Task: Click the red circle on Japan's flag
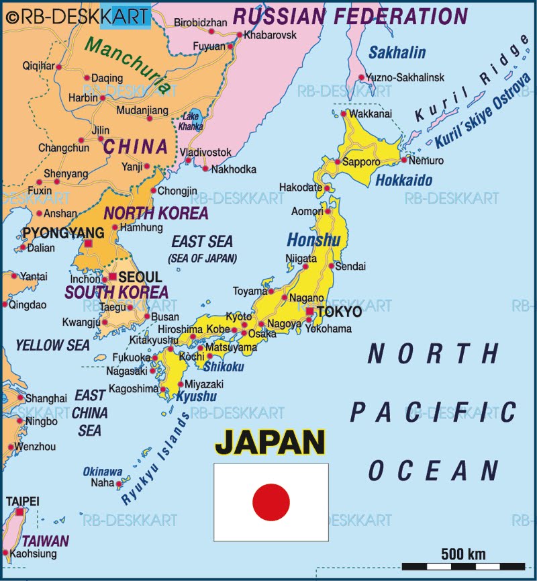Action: click(x=271, y=502)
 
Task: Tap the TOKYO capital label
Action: click(x=338, y=312)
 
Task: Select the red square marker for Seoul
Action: click(x=113, y=277)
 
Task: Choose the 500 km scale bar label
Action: click(x=463, y=554)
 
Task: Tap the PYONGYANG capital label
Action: click(x=54, y=233)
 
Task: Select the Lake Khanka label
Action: click(x=191, y=122)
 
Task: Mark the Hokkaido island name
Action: click(x=403, y=180)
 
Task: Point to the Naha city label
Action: click(x=103, y=483)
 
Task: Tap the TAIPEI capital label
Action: click(x=22, y=501)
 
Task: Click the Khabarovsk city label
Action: click(x=268, y=34)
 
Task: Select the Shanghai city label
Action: click(x=46, y=398)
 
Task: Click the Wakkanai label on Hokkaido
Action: click(x=370, y=114)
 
